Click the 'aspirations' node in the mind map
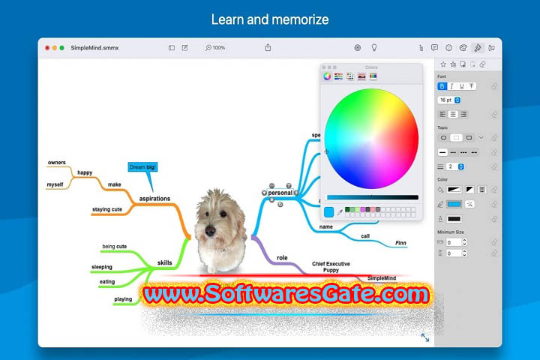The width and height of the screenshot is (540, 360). pyautogui.click(x=154, y=199)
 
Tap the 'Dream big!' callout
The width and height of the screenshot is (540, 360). pyautogui.click(x=142, y=167)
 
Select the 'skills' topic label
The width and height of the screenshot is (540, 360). pyautogui.click(x=164, y=262)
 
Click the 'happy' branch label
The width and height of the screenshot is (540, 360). pyautogui.click(x=85, y=172)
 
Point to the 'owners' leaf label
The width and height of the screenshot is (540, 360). pyautogui.click(x=57, y=162)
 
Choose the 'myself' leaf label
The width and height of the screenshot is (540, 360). pyautogui.click(x=55, y=184)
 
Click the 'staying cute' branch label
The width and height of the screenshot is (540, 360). pyautogui.click(x=107, y=209)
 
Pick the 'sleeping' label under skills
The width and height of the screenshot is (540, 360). pyautogui.click(x=102, y=267)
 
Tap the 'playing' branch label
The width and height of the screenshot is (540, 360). pyautogui.click(x=123, y=299)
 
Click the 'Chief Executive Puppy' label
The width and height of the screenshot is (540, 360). pyautogui.click(x=331, y=267)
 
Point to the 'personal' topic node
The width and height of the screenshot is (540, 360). pyautogui.click(x=280, y=193)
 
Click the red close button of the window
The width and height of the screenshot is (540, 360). pyautogui.click(x=47, y=47)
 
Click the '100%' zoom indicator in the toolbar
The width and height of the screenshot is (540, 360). pyautogui.click(x=215, y=48)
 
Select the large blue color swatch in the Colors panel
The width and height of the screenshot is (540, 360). pyautogui.click(x=328, y=212)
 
